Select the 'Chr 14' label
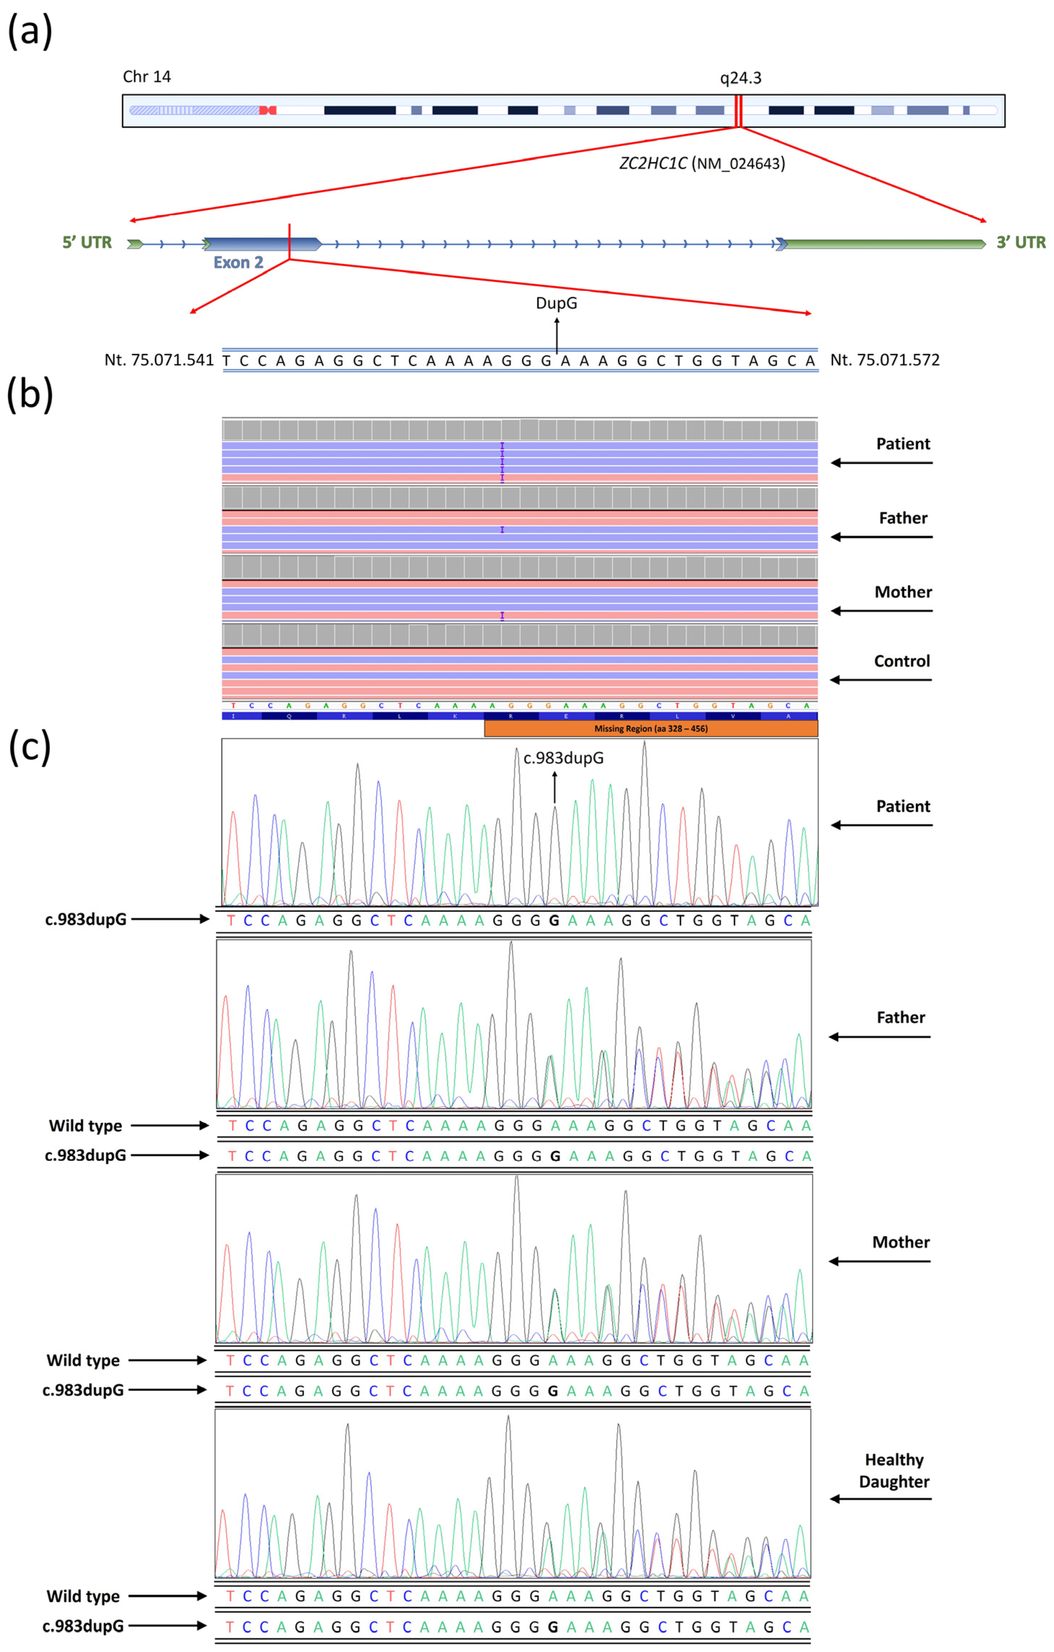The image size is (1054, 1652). tap(147, 76)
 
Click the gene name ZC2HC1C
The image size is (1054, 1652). tap(653, 163)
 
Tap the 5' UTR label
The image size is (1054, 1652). tap(87, 242)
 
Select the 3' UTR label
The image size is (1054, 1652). tap(1021, 242)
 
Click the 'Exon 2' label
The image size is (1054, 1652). tap(238, 262)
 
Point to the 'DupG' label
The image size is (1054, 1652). tap(556, 302)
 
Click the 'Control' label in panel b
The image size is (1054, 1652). tap(902, 661)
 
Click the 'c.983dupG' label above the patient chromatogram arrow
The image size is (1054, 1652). tap(564, 758)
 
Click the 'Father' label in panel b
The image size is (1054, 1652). tap(903, 518)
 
